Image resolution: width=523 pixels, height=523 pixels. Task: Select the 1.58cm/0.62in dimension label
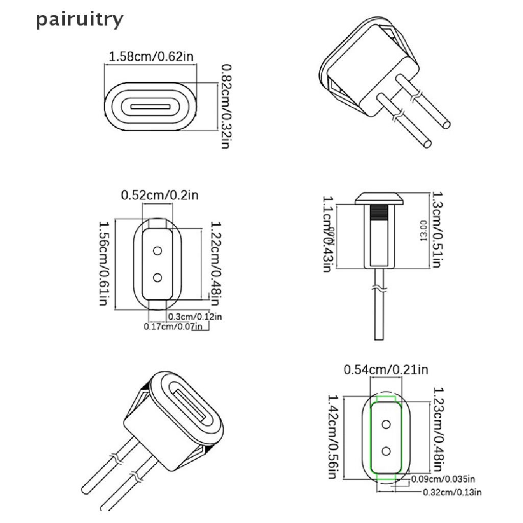(151, 57)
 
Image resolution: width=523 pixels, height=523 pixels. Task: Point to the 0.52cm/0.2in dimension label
(159, 195)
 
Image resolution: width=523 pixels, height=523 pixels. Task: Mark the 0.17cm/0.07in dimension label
(174, 326)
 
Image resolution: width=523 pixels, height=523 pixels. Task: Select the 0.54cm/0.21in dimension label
(386, 369)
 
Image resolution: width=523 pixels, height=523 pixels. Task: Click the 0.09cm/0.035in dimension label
(443, 479)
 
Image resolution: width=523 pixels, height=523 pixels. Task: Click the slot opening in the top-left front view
(150, 108)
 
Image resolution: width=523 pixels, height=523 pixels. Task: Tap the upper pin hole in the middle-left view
(158, 251)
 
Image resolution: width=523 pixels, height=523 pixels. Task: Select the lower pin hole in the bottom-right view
(387, 450)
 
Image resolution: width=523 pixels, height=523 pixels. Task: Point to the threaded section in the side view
(379, 211)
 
